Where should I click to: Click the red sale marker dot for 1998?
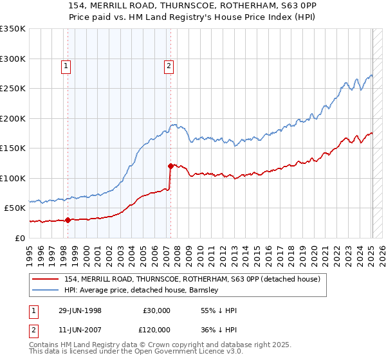[68, 220]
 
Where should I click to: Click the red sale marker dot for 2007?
[170, 166]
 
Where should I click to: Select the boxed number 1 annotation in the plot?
[67, 65]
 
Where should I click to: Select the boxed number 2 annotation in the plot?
[169, 65]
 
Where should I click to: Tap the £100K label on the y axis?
[13, 178]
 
